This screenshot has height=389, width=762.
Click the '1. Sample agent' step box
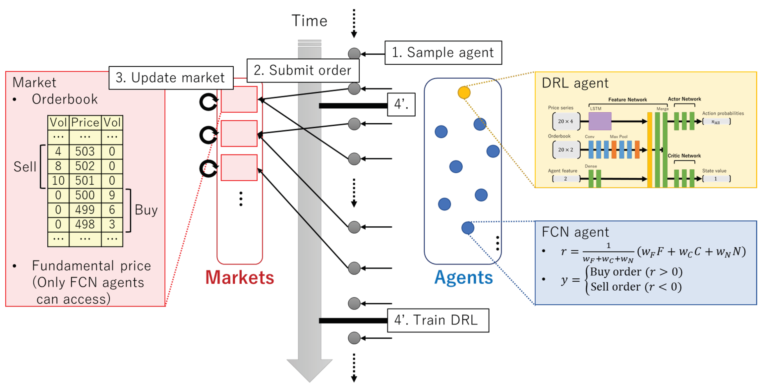[x=443, y=53]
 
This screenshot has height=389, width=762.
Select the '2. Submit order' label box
[x=303, y=70]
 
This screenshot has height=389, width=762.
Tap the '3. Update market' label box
[x=171, y=78]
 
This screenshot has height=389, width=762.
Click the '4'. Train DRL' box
[x=438, y=320]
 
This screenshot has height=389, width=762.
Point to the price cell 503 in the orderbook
[x=85, y=152]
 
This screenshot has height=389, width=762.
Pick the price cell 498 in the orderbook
[x=85, y=225]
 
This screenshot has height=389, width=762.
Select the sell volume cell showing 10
[x=58, y=181]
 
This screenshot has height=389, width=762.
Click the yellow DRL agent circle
[x=464, y=92]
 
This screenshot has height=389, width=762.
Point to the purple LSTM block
[x=600, y=121]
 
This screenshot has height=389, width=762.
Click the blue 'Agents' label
[x=464, y=278]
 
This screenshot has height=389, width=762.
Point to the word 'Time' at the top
[x=309, y=21]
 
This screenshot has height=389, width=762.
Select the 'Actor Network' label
[x=684, y=99]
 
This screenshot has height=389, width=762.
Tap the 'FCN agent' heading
[x=575, y=232]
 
